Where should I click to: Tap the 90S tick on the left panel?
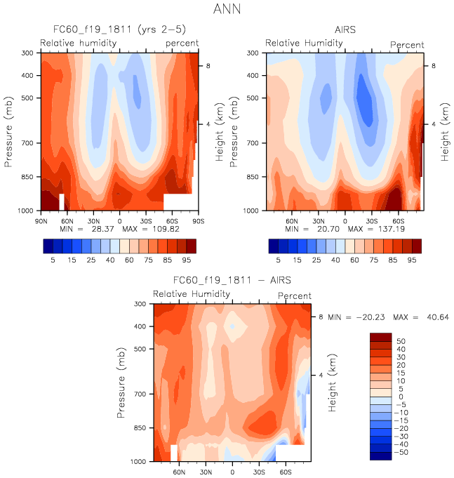tap(197, 220)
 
